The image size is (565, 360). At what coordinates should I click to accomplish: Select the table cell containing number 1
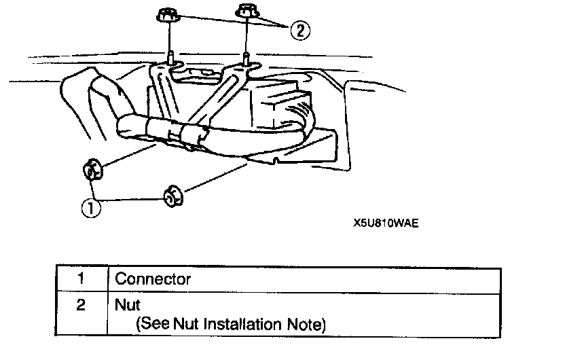pyautogui.click(x=80, y=278)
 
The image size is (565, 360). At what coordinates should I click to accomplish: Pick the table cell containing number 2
pyautogui.click(x=80, y=306)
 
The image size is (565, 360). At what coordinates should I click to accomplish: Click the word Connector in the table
pyautogui.click(x=153, y=278)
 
